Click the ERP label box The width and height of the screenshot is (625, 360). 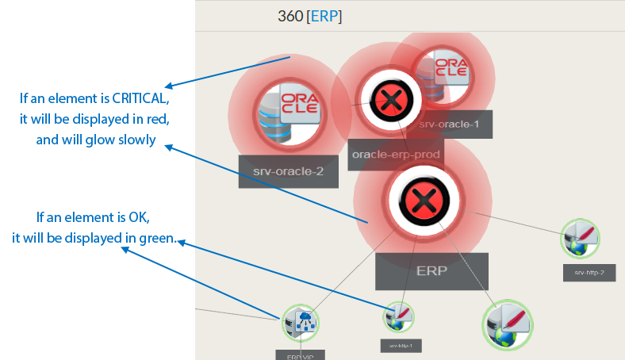pos(431,270)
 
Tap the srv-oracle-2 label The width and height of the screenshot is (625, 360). pos(288,171)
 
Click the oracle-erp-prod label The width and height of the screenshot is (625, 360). pos(396,153)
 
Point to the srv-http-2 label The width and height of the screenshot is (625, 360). pos(589,273)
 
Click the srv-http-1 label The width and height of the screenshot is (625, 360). pos(400,345)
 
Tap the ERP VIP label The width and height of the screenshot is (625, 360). pos(301,354)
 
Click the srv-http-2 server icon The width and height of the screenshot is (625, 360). pos(581,238)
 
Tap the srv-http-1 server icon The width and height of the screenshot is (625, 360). pos(399,317)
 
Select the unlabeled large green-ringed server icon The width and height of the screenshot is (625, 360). pos(508,325)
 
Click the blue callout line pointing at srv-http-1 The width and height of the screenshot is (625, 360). pos(293,278)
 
